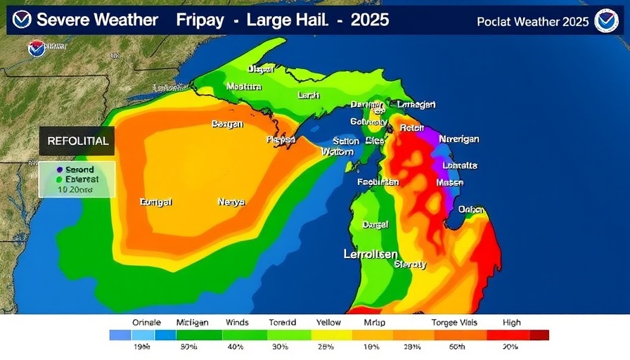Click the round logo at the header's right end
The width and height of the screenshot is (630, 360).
[606, 21]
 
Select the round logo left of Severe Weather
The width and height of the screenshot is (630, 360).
[22, 20]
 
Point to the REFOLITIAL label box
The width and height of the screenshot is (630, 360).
[77, 141]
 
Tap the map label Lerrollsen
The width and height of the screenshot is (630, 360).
[371, 254]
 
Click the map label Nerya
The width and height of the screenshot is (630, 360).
[231, 202]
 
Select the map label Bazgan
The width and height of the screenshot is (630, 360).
[227, 124]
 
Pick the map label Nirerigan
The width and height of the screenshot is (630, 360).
[458, 139]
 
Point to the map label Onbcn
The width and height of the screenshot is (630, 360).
[470, 210]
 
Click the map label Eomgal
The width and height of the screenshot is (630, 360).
[156, 202]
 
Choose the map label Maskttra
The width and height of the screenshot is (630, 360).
[244, 86]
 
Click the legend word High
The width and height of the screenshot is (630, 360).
[512, 323]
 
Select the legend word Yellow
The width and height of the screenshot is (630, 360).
[328, 323]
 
